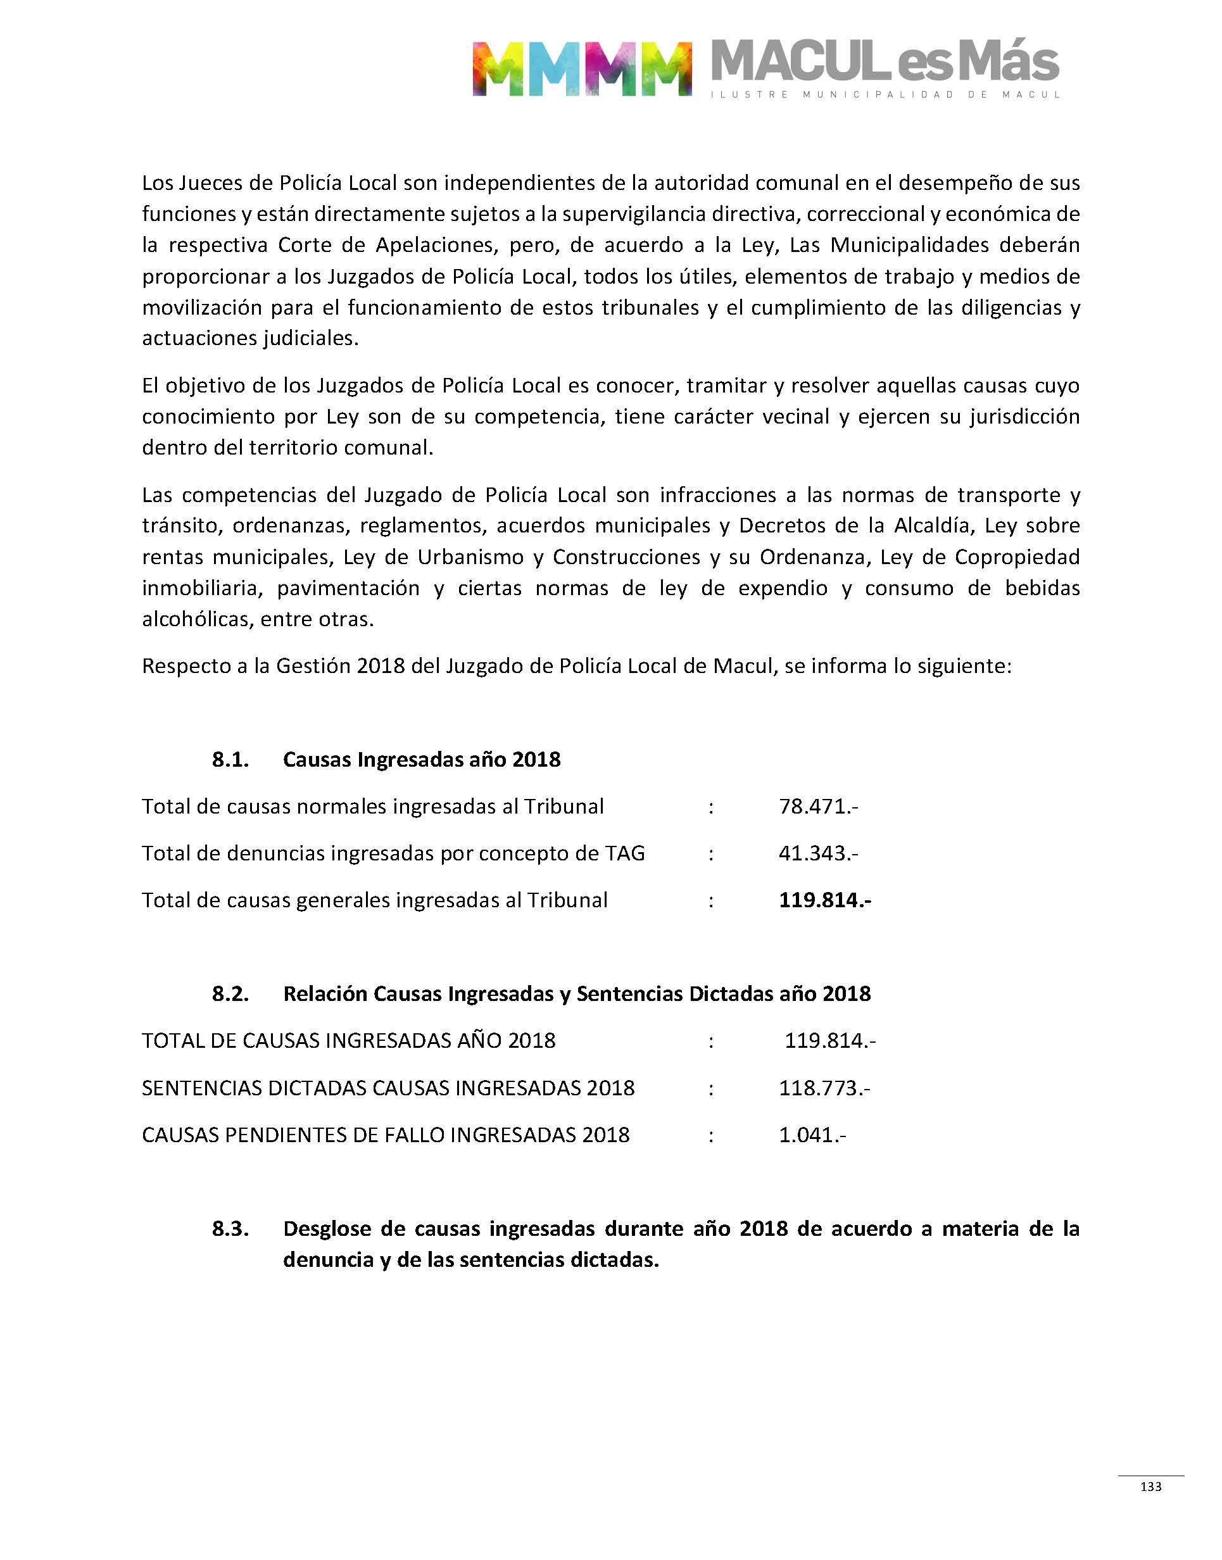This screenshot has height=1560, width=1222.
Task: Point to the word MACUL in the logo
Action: tap(799, 63)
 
